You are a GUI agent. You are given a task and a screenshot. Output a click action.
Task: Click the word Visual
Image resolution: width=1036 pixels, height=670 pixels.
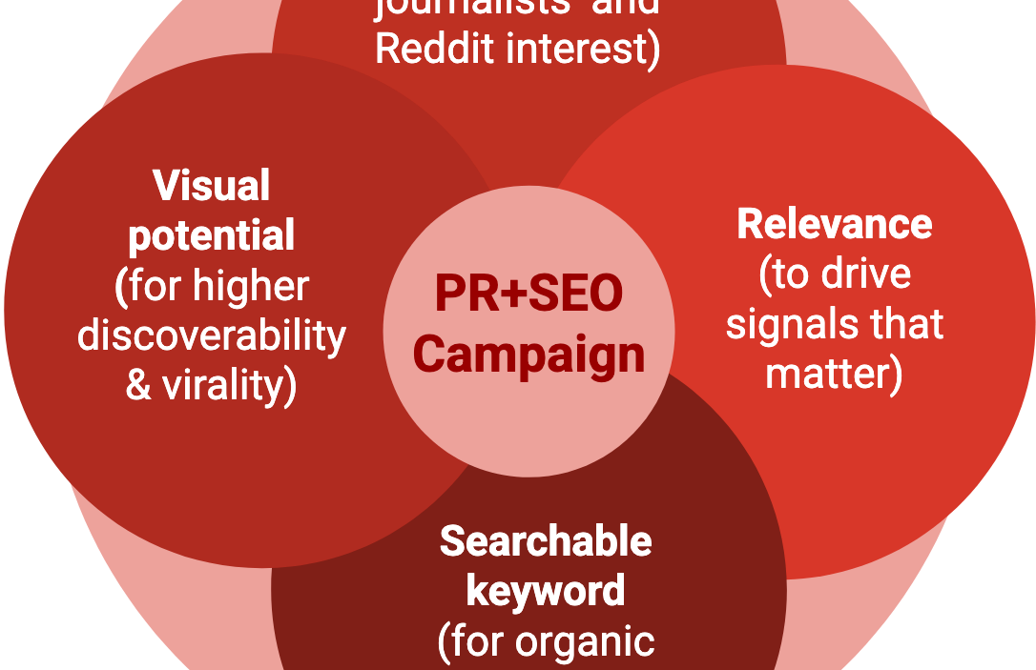pyautogui.click(x=212, y=186)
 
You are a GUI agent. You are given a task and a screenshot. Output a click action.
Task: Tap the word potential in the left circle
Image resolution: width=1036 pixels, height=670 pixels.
pyautogui.click(x=212, y=235)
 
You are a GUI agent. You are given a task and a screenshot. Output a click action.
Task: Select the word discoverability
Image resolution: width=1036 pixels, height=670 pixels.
pyautogui.click(x=212, y=335)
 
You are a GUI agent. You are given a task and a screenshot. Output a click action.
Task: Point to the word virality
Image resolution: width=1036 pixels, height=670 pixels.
pyautogui.click(x=229, y=385)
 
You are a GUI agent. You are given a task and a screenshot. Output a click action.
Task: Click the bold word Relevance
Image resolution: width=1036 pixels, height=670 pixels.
pyautogui.click(x=835, y=224)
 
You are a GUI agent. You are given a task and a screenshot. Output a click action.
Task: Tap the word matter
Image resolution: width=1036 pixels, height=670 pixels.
pyautogui.click(x=827, y=374)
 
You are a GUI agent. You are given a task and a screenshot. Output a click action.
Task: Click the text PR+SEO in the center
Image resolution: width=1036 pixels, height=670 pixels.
pyautogui.click(x=528, y=294)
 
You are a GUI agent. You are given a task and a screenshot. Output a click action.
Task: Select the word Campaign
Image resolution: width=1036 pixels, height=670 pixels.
pyautogui.click(x=528, y=355)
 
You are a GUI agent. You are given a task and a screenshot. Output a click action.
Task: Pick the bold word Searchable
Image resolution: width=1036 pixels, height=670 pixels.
pyautogui.click(x=546, y=541)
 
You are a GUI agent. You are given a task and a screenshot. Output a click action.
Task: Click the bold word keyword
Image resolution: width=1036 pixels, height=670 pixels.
pyautogui.click(x=546, y=591)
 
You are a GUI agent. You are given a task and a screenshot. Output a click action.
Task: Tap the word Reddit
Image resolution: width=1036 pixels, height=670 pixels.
pyautogui.click(x=435, y=48)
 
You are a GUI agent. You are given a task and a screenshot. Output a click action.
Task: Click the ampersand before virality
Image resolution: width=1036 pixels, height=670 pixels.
pyautogui.click(x=138, y=385)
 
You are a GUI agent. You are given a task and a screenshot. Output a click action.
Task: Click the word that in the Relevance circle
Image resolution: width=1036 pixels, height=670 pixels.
pyautogui.click(x=901, y=324)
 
